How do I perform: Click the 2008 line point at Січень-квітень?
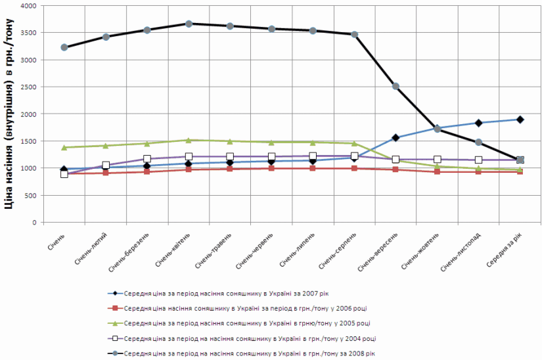[189, 24]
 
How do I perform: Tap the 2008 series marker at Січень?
[64, 47]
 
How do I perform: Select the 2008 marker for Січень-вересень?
[395, 86]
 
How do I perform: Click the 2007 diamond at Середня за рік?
[520, 120]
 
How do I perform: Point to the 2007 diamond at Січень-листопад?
[478, 123]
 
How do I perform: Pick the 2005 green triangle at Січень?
[64, 147]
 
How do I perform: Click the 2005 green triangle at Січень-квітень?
[189, 140]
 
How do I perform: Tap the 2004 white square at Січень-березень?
[147, 159]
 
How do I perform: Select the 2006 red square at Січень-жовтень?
[437, 171]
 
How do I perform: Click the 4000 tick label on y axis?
[27, 6]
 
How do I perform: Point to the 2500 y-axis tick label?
[27, 87]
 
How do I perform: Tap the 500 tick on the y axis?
[29, 195]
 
